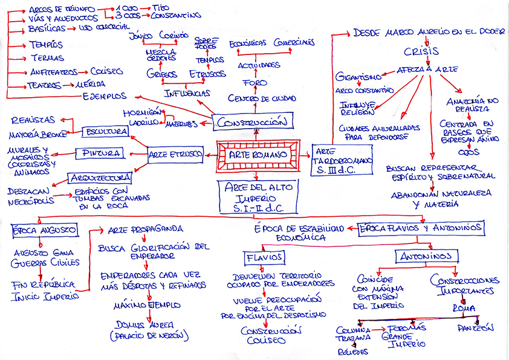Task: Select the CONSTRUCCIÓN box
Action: click(x=253, y=121)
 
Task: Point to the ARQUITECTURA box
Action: click(x=100, y=178)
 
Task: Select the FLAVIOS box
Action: click(x=264, y=257)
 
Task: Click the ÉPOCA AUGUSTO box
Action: click(x=44, y=231)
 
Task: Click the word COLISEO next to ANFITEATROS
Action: click(x=106, y=71)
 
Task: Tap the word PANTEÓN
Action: click(x=475, y=328)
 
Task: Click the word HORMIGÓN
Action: click(x=143, y=113)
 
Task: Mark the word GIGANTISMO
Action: click(x=359, y=77)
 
